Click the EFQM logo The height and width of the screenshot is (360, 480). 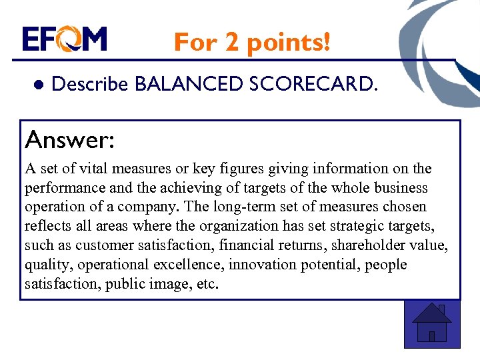64,39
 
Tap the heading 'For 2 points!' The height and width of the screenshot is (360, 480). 252,43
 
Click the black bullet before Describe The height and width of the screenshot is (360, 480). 38,85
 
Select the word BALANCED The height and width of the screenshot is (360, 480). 189,84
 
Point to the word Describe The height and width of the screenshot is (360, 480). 89,85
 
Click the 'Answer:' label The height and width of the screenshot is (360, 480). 69,140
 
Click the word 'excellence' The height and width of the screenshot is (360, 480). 189,264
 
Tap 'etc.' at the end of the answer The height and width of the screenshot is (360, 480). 205,283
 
